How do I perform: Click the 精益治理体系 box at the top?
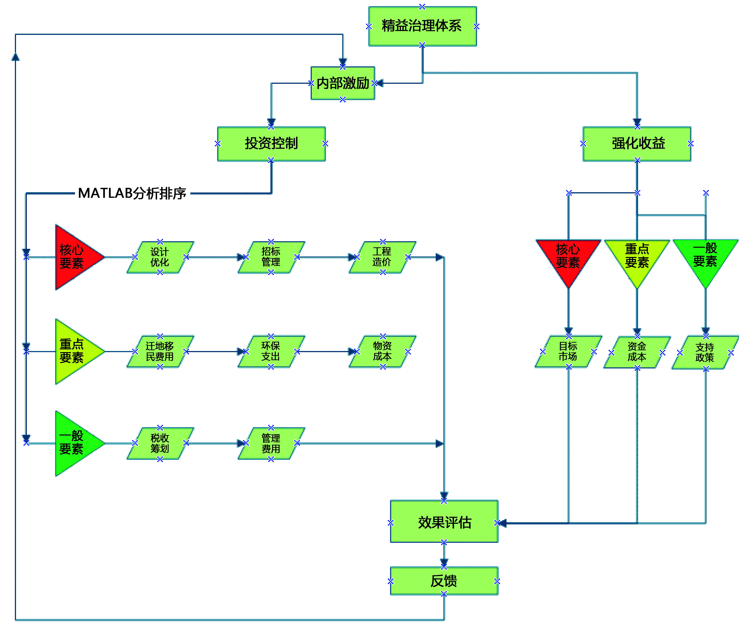pos(422,26)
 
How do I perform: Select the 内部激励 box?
pos(343,83)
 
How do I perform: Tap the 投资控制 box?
pos(272,144)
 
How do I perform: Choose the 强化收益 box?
pos(637,144)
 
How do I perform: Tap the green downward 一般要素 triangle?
pos(705,258)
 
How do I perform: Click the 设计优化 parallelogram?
pos(160,257)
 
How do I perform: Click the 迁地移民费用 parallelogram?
pos(160,352)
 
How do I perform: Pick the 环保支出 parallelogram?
pos(271,352)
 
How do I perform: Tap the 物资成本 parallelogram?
pos(382,352)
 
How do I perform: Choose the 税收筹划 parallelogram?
pos(160,444)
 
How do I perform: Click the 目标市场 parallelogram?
pos(568,352)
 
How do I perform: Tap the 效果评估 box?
pos(444,522)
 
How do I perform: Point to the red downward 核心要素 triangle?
pos(568,258)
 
